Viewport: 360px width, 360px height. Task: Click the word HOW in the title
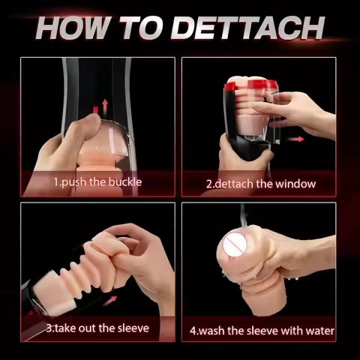coord(73,27)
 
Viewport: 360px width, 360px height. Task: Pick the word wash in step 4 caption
coord(214,330)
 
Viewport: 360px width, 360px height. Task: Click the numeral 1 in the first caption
coord(55,181)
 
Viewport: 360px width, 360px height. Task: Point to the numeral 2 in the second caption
coord(209,183)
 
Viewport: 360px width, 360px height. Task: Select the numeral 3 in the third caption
coord(49,328)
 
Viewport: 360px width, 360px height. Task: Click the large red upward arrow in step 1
coord(104,103)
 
